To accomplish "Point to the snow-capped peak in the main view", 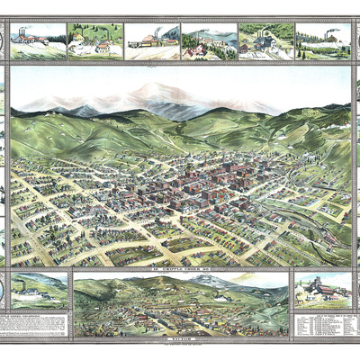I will (x=154, y=91).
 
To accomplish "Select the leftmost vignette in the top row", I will (x=38, y=40).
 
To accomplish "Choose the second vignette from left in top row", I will (x=95, y=40).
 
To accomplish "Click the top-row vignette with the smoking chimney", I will (x=152, y=40).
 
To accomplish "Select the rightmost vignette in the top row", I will (x=322, y=40).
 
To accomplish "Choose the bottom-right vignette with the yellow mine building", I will (x=321, y=289).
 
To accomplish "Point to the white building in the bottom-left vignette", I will (x=36, y=293).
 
